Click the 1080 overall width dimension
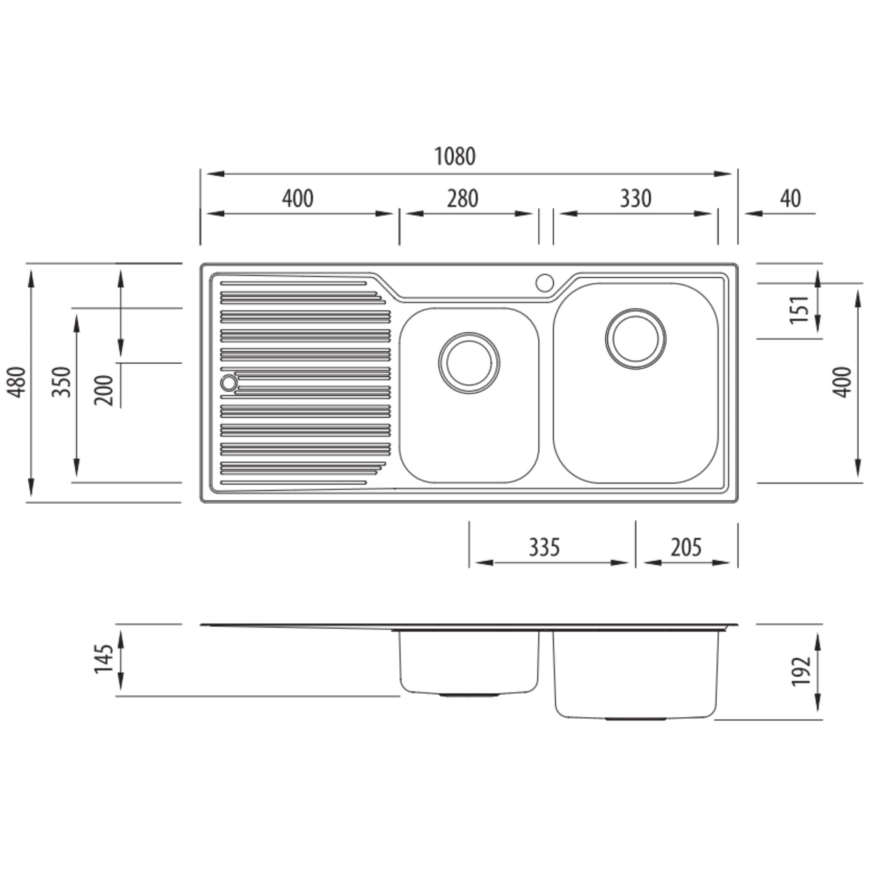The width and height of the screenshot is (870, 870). [455, 156]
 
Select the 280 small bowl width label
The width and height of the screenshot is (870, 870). [463, 198]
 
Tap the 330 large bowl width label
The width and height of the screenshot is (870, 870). [636, 198]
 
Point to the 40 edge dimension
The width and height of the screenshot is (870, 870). [790, 198]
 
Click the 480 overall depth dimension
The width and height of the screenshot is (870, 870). [17, 382]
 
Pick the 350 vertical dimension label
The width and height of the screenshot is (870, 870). [62, 382]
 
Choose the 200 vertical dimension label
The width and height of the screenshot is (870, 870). [104, 390]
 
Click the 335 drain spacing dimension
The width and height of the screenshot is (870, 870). [544, 548]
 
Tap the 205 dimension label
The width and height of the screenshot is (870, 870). [686, 548]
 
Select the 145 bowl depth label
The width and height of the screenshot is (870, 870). [104, 659]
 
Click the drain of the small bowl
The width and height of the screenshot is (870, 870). [469, 363]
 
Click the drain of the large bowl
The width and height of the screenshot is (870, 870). [636, 339]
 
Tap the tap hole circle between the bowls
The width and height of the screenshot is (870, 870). [545, 283]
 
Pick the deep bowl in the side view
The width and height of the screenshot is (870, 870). [636, 673]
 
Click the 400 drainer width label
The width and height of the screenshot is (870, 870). [298, 198]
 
